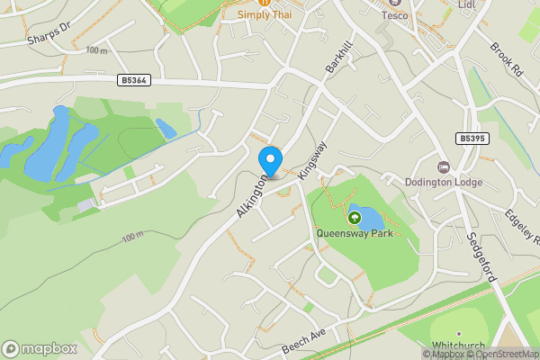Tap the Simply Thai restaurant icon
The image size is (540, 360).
265,3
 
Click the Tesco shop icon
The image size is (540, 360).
394,3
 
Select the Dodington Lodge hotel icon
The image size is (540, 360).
443,167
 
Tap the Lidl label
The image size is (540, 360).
465,5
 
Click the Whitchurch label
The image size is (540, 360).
457,346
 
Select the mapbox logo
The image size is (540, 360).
39,348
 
